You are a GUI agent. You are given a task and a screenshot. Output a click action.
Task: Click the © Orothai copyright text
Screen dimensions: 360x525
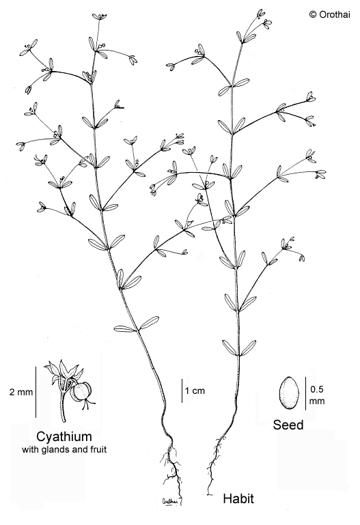click(x=330, y=14)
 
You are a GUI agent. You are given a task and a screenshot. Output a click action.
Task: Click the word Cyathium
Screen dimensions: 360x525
click(x=64, y=437)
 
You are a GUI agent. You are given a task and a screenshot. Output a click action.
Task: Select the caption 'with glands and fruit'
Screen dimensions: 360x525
click(x=64, y=449)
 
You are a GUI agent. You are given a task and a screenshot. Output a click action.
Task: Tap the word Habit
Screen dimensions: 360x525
click(x=238, y=498)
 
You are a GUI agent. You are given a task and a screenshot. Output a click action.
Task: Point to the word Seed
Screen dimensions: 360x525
click(x=288, y=425)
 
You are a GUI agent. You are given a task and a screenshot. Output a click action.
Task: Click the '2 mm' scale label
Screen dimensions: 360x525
click(x=21, y=392)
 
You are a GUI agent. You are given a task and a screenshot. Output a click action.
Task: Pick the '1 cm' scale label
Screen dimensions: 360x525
click(x=195, y=391)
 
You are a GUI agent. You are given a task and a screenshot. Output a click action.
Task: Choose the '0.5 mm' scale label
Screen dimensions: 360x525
click(x=317, y=395)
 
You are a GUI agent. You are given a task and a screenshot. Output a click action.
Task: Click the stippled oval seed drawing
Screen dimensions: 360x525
click(x=288, y=393)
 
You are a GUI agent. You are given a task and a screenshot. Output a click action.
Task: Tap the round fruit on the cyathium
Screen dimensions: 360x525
click(x=81, y=392)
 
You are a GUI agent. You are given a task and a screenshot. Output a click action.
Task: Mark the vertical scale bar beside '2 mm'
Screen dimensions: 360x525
click(x=36, y=392)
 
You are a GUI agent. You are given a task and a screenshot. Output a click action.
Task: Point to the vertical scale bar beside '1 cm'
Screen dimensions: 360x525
click(x=182, y=391)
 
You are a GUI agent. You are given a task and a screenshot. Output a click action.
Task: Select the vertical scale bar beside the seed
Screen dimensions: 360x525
click(x=306, y=393)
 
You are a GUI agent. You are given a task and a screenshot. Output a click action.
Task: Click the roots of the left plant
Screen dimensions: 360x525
click(x=171, y=469)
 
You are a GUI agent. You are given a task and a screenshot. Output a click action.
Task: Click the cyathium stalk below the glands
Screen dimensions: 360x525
click(x=63, y=408)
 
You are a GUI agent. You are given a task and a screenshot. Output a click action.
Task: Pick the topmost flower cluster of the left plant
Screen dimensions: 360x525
click(x=100, y=16)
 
